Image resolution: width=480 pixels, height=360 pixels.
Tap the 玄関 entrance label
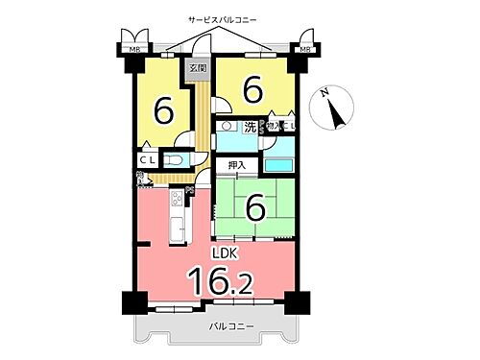coord(199,69)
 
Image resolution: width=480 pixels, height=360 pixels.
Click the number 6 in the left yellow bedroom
coord(164,111)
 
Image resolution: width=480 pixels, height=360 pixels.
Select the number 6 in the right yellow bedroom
coord(253,90)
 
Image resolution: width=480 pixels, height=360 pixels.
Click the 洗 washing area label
coord(250,126)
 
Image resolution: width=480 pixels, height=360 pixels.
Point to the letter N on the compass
coord(324,92)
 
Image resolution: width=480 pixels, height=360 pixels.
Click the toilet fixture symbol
coord(176,160)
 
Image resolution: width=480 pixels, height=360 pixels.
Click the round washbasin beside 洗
coord(228,126)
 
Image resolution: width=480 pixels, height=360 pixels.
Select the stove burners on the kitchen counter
coord(177,200)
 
